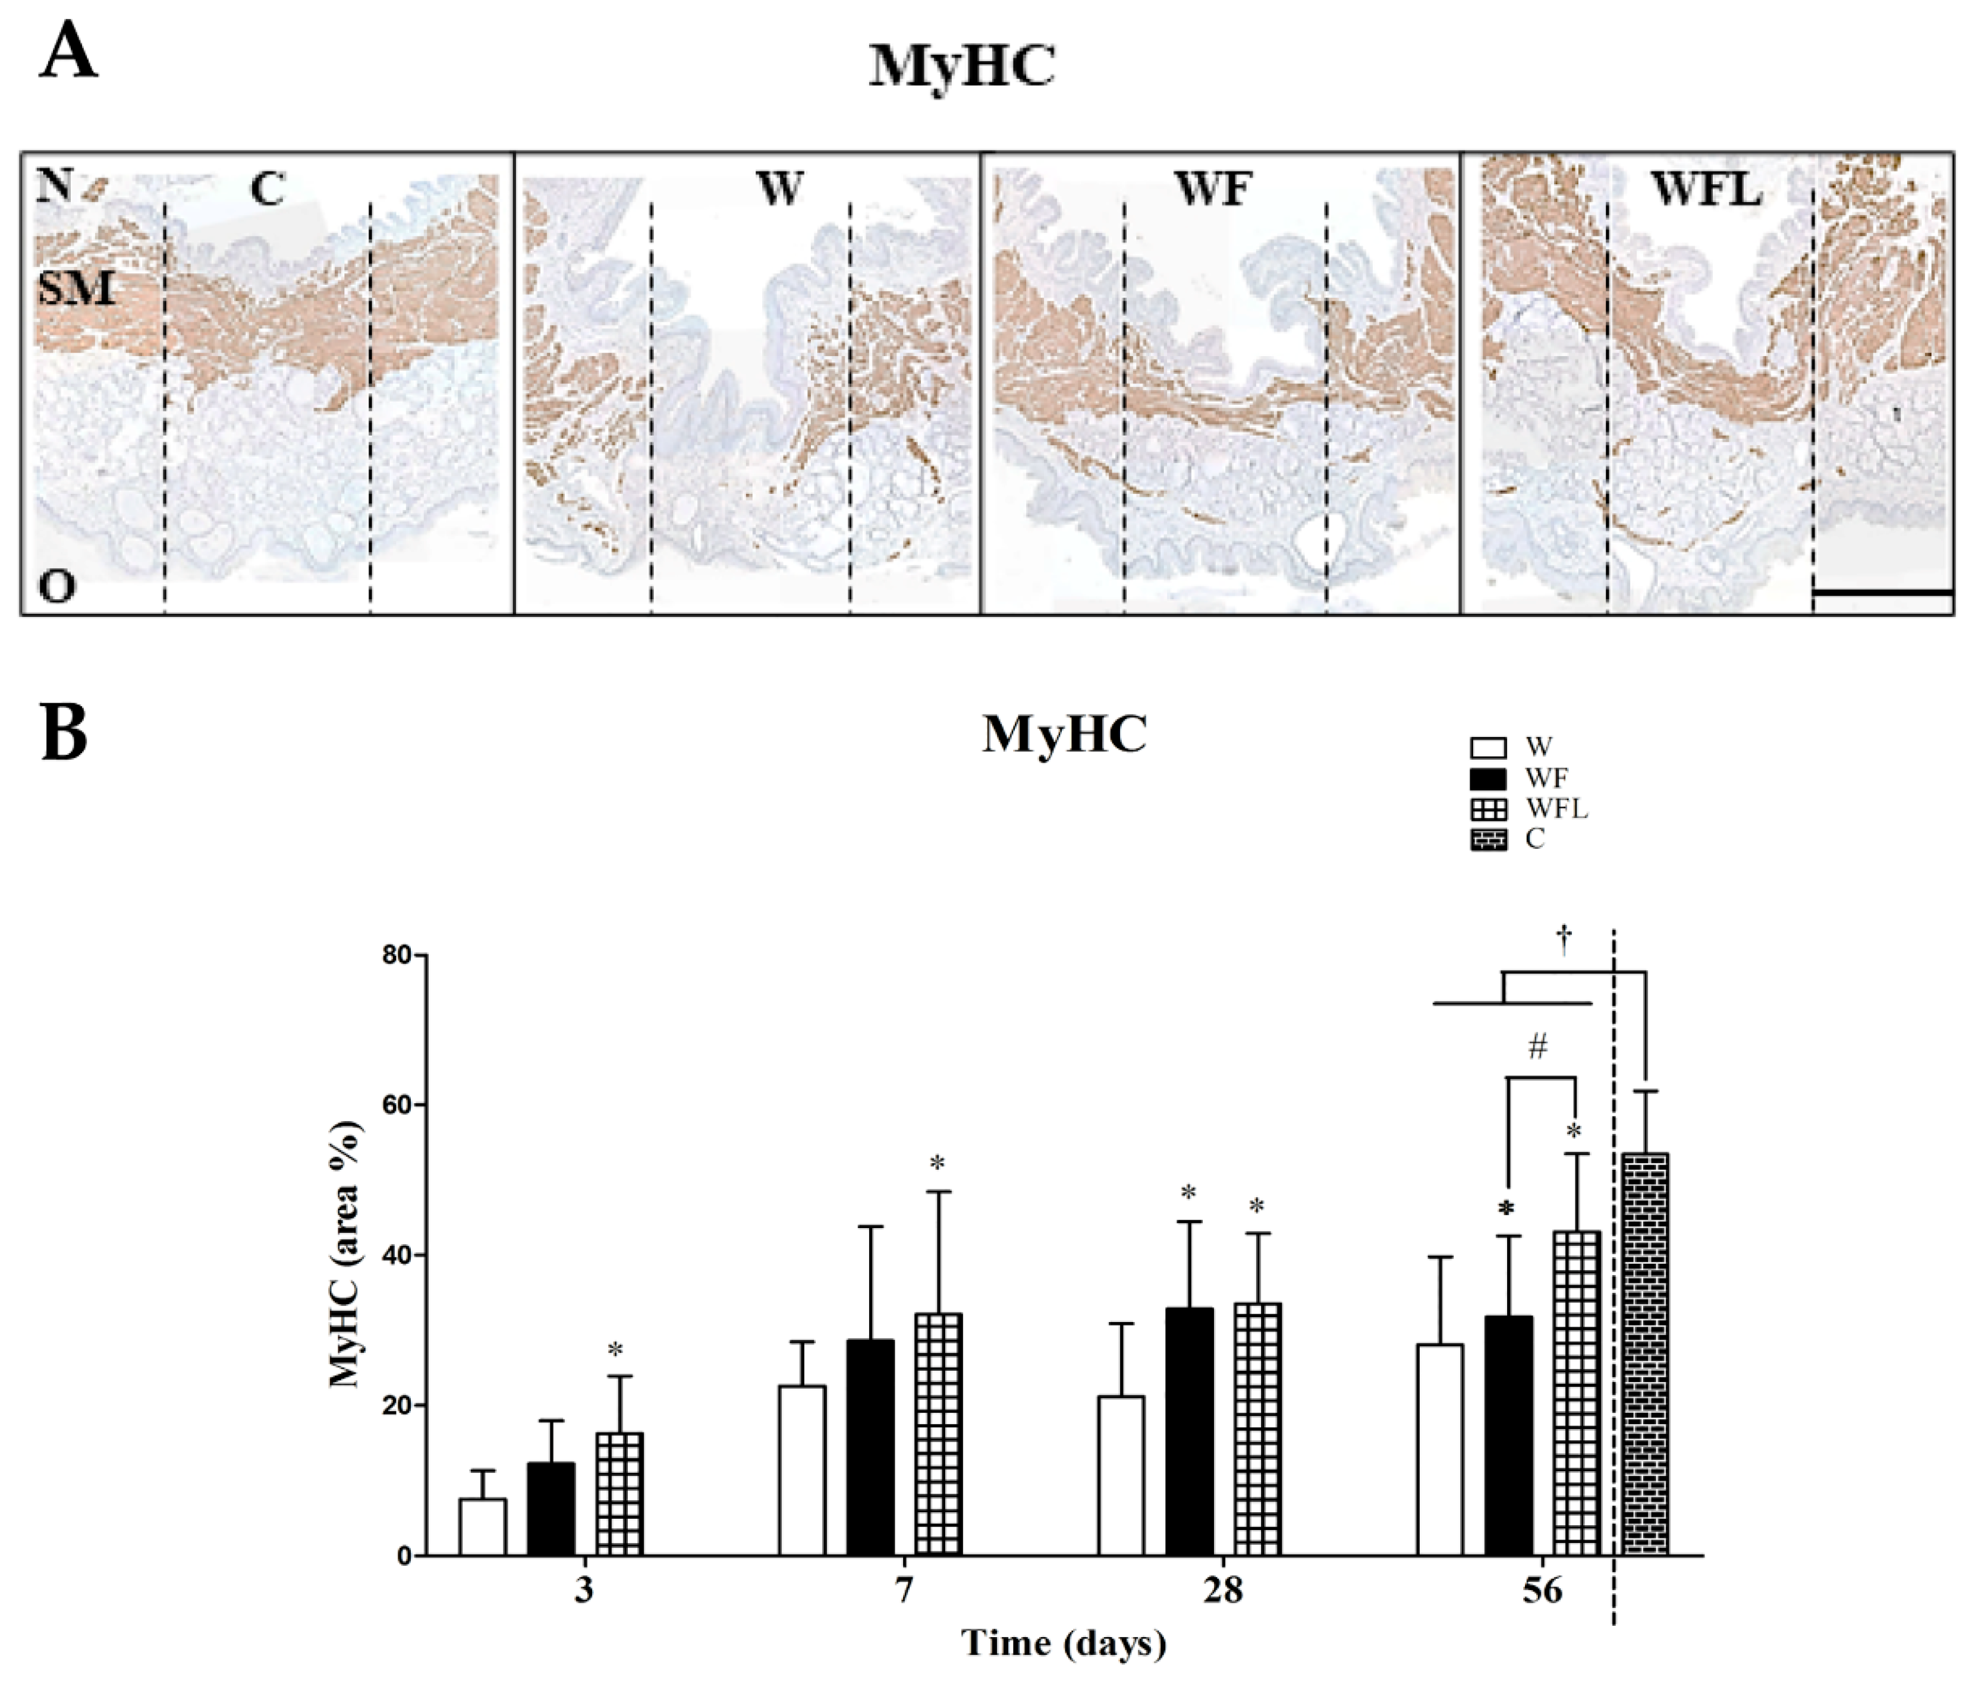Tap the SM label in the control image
76,287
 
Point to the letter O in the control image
56,587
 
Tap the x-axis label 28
1222,1590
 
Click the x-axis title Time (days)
1063,1643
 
